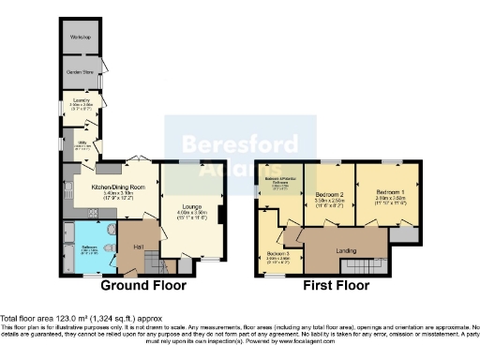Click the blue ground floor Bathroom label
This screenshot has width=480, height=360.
pos(90,247)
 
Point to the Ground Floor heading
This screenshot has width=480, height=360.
pos(142,286)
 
